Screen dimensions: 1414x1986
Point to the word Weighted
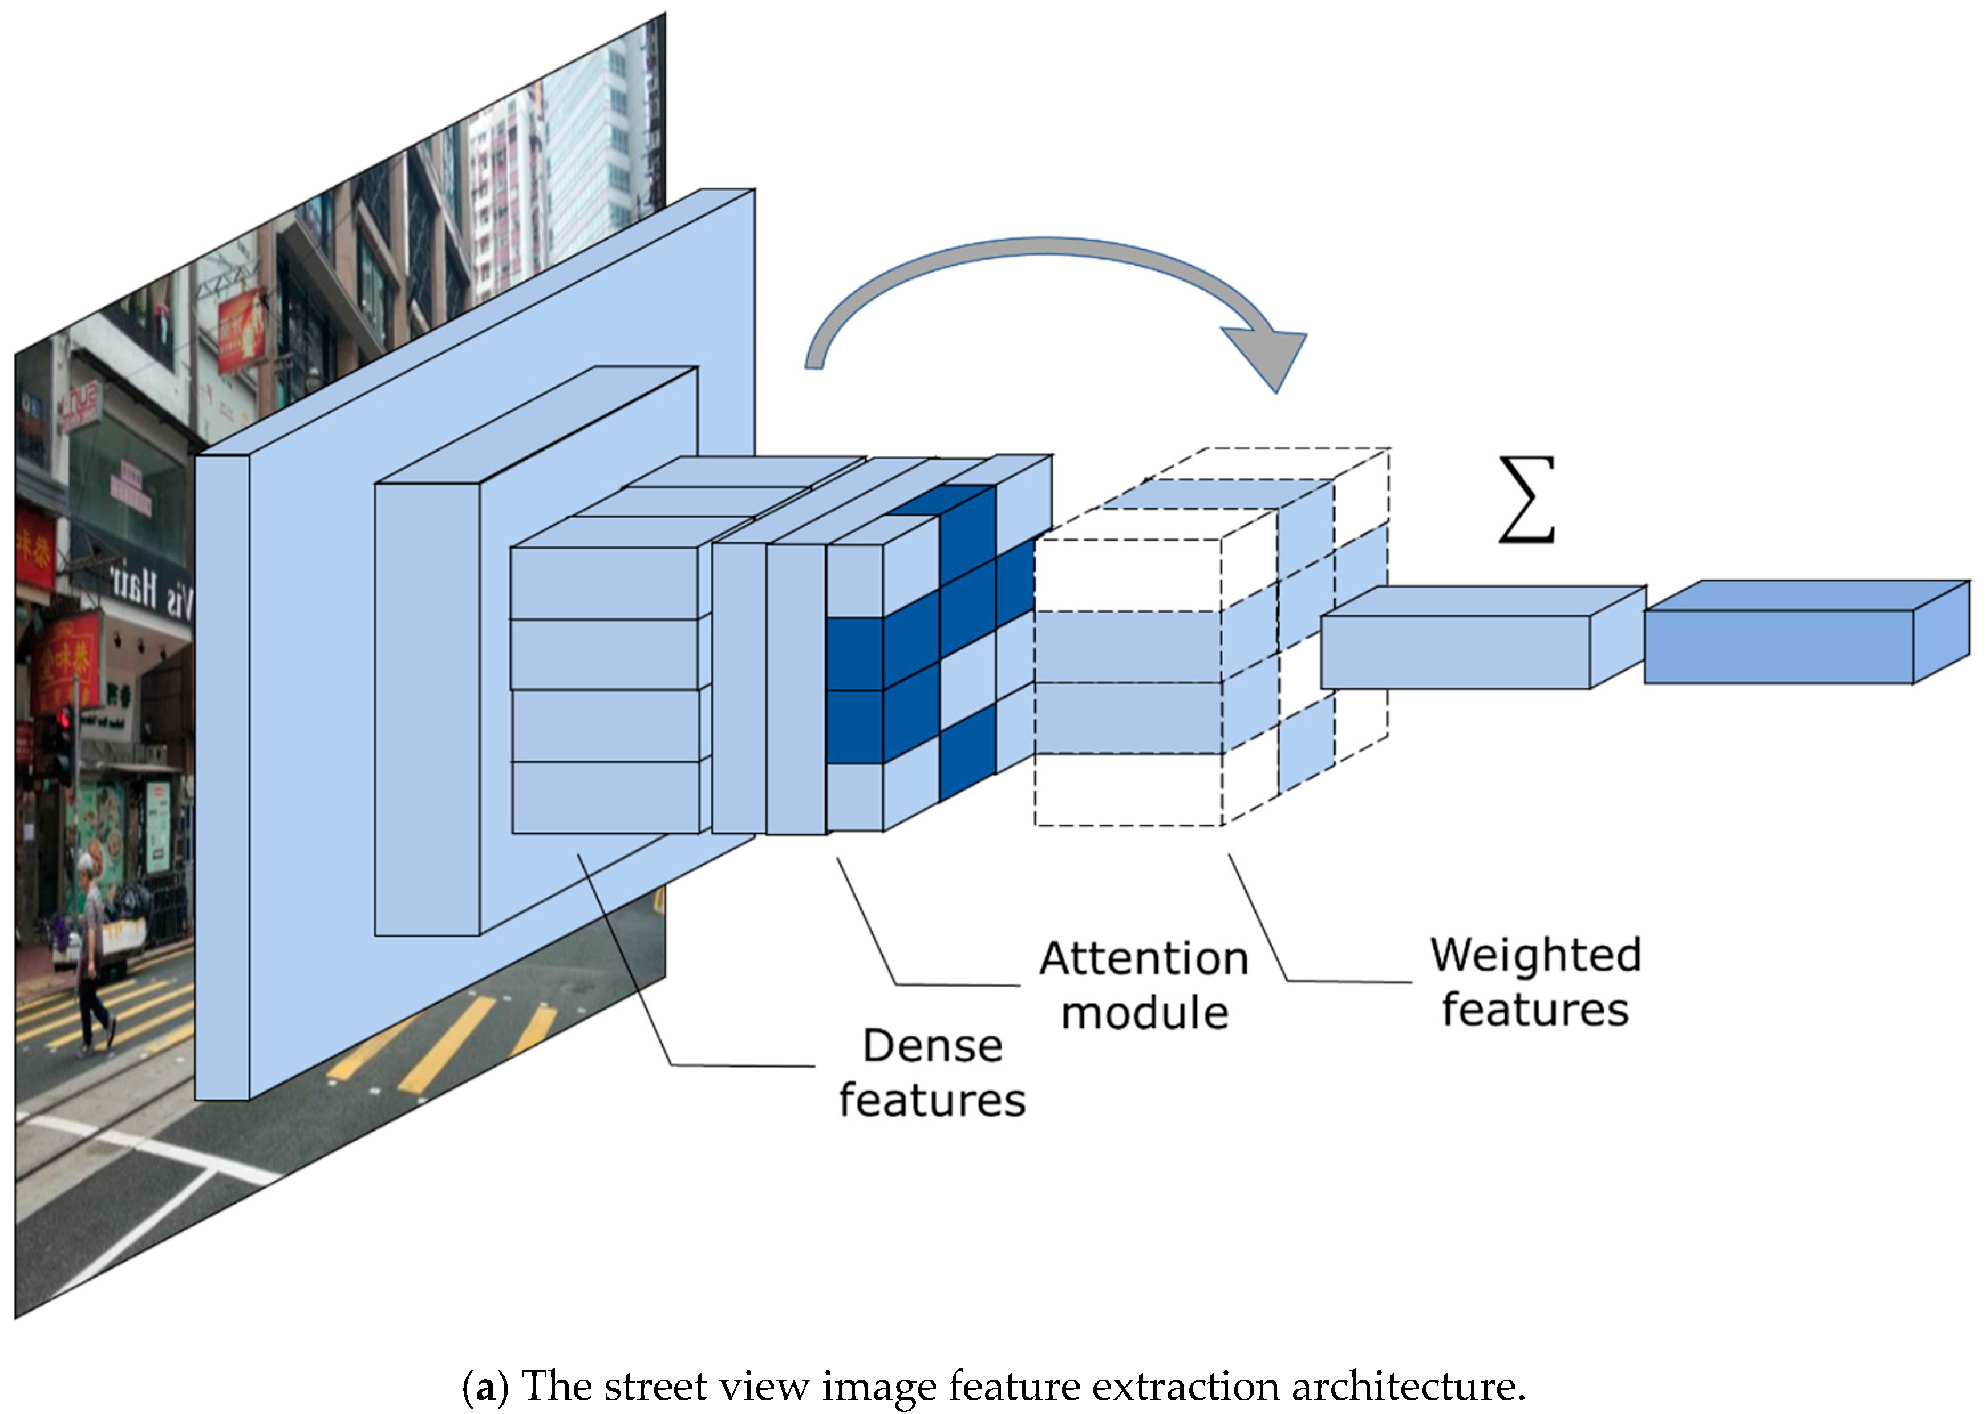click(x=1536, y=955)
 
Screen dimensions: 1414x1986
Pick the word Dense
click(x=933, y=1046)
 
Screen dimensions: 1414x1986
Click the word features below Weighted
click(x=1535, y=1010)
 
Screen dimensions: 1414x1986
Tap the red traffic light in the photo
click(x=63, y=719)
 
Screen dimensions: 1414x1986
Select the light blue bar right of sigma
click(x=1454, y=651)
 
